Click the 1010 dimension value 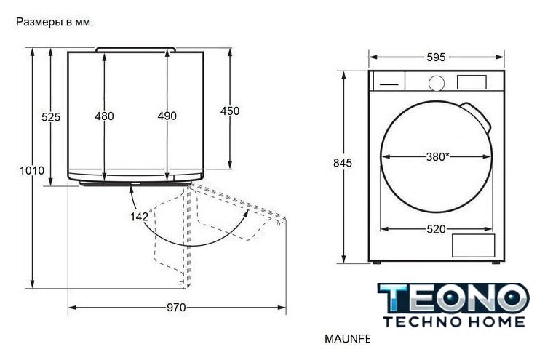tap(32, 170)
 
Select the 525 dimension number tap(51, 117)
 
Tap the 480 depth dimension tap(105, 116)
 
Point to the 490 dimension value tap(167, 116)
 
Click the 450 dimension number tap(230, 111)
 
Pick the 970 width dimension tap(176, 308)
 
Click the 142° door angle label tap(140, 216)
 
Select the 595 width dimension tap(436, 57)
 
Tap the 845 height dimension tap(343, 163)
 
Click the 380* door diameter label tap(438, 157)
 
